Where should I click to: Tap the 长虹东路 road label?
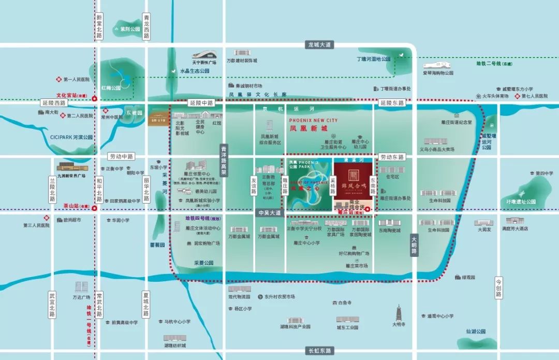[319, 351]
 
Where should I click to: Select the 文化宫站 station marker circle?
[94, 99]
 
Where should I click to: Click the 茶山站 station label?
[72, 205]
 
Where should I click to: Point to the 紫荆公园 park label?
[130, 30]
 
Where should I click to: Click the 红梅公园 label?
[111, 88]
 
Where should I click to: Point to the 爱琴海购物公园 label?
[438, 73]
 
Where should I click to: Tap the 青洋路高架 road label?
[224, 161]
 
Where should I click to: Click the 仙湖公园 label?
[475, 331]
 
